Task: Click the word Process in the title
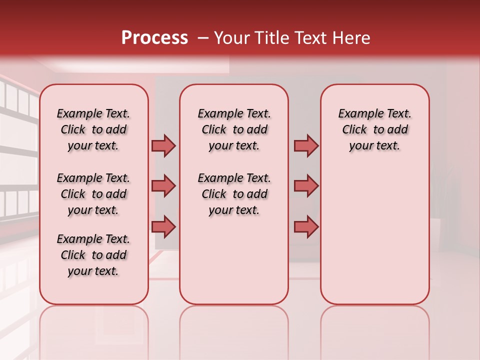click(154, 37)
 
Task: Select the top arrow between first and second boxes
click(163, 145)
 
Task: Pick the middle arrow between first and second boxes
click(163, 186)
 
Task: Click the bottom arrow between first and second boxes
click(163, 226)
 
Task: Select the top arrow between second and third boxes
click(306, 145)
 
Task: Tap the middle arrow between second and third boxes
click(306, 186)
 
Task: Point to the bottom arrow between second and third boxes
click(306, 226)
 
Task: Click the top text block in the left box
click(93, 129)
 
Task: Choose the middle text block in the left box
click(93, 194)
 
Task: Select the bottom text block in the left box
click(93, 255)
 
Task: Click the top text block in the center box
click(234, 129)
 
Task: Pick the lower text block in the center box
click(234, 194)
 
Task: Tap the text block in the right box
click(375, 129)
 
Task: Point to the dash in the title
click(202, 37)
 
